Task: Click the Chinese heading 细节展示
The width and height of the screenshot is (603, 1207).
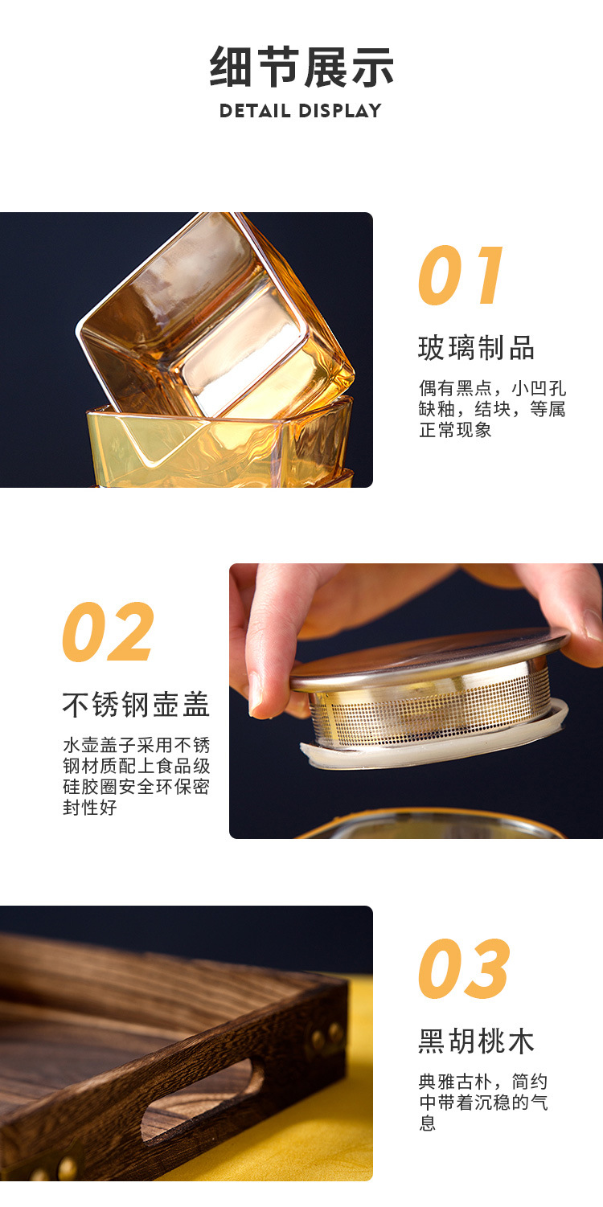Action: [x=301, y=67]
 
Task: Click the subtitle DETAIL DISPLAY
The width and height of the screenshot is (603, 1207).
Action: [x=301, y=111]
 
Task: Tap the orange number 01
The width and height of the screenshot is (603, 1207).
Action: [x=462, y=276]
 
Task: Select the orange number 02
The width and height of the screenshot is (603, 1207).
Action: [x=108, y=632]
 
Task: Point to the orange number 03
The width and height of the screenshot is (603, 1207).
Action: [x=464, y=969]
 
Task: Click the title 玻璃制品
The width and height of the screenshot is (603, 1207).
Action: [x=476, y=348]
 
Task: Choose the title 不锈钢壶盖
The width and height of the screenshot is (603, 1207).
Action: [x=136, y=704]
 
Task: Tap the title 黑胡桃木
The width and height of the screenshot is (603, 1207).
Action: [x=476, y=1041]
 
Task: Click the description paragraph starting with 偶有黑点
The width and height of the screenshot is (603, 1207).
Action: [x=492, y=408]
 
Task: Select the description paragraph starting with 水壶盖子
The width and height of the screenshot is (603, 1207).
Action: [x=136, y=776]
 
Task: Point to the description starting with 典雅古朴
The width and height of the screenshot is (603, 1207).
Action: [x=482, y=1103]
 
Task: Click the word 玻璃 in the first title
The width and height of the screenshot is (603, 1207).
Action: [x=447, y=348]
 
